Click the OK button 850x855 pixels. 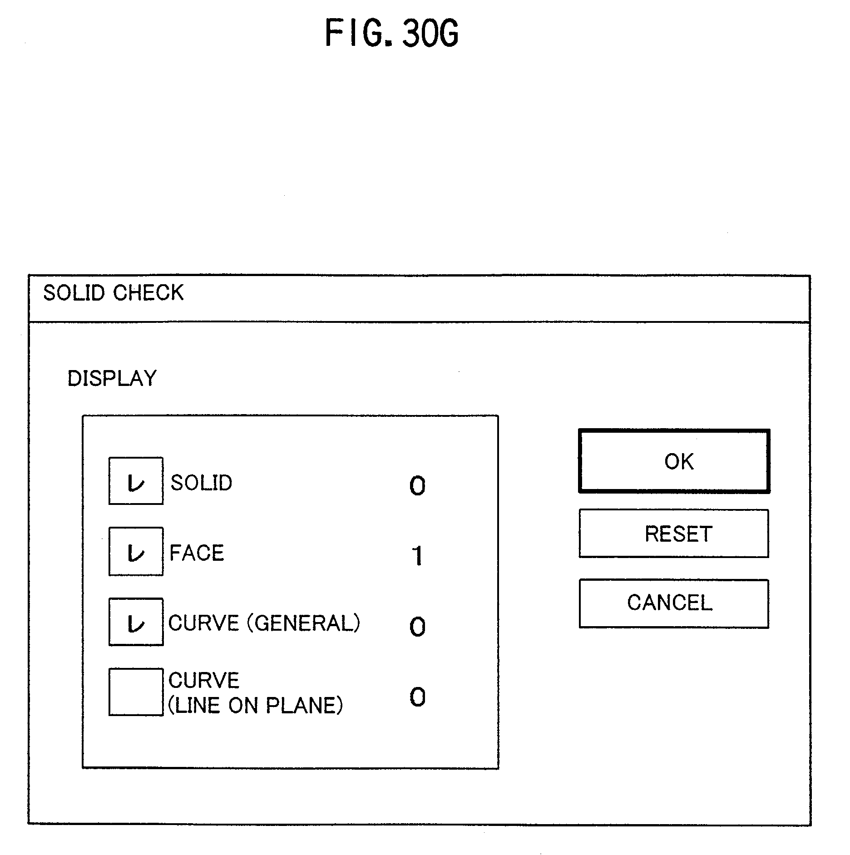(674, 461)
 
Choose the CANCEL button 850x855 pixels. (674, 603)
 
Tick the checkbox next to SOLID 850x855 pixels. (136, 481)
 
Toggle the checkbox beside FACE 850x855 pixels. (136, 551)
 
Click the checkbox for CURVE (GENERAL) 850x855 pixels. (136, 622)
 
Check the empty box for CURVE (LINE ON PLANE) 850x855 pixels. (136, 692)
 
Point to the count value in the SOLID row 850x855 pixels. (417, 486)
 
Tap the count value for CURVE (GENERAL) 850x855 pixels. (417, 627)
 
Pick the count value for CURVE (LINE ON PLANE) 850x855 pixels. (417, 697)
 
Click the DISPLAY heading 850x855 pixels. (112, 378)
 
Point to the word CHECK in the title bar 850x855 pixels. (148, 293)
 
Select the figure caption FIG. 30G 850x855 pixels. (391, 34)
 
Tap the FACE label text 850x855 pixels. (197, 553)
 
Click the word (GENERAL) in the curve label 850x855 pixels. (303, 623)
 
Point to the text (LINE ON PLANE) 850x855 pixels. (256, 706)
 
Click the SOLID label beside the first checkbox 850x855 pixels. (201, 483)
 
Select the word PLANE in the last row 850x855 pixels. (304, 706)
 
